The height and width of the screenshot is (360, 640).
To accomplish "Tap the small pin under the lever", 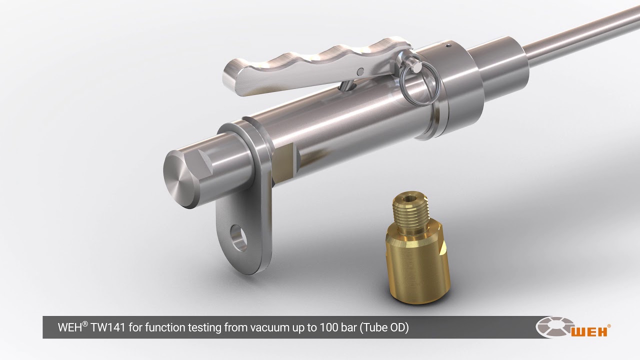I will [x=345, y=86].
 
